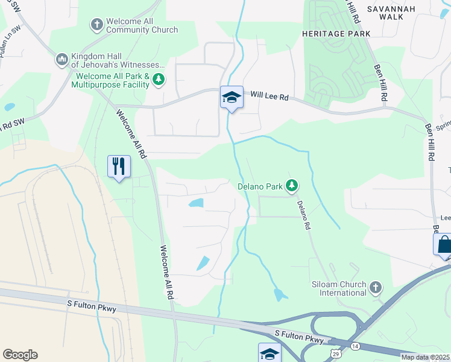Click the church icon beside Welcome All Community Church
point(96,25)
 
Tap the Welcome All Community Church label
point(142,25)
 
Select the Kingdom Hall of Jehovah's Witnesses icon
point(61,59)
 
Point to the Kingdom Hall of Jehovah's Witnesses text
point(118,60)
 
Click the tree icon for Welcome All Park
point(159,80)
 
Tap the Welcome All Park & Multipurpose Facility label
point(110,80)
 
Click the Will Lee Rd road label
point(270,95)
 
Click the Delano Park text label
point(260,186)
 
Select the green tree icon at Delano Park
point(292,185)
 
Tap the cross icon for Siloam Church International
point(375,287)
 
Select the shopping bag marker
point(444,244)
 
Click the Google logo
point(20,355)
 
